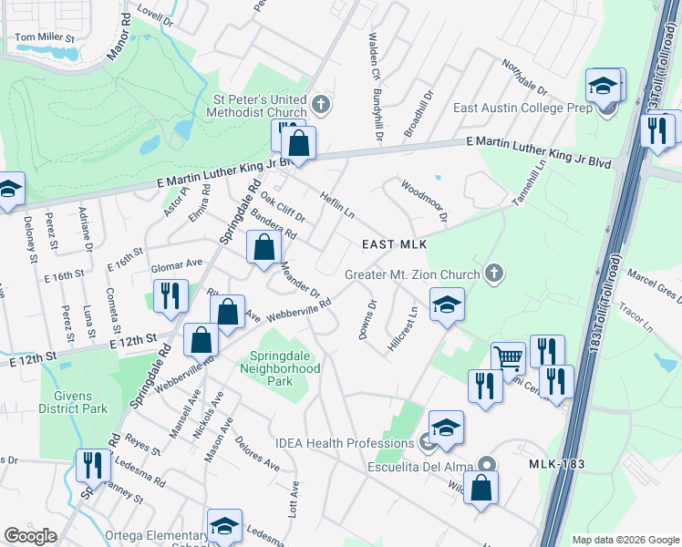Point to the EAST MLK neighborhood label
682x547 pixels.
(x=394, y=244)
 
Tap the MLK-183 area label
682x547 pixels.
(x=555, y=465)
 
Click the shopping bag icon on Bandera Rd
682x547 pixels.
(x=263, y=246)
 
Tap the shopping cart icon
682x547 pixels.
(x=510, y=357)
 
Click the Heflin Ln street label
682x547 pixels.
(x=336, y=206)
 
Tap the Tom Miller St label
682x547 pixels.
(x=44, y=38)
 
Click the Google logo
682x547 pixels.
(x=31, y=536)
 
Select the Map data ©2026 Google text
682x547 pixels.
(x=625, y=540)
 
